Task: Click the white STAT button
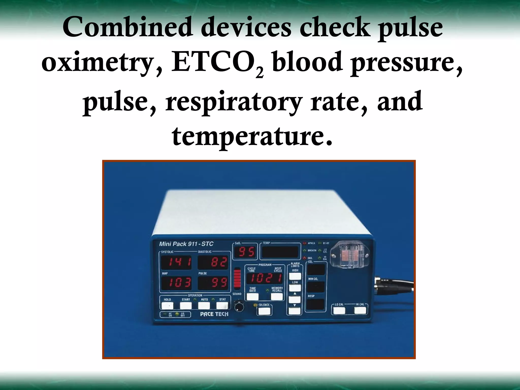[222, 305]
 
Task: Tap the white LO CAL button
[339, 311]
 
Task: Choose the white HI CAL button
[360, 311]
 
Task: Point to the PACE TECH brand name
[214, 314]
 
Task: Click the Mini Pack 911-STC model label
[186, 244]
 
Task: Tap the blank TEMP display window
[280, 252]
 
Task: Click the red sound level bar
[237, 279]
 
